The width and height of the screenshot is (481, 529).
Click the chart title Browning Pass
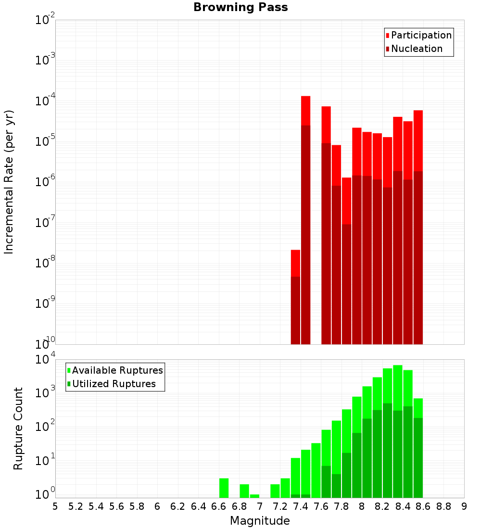[x=240, y=8]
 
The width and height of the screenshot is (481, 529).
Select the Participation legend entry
[x=421, y=36]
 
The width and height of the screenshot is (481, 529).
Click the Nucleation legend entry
[x=416, y=49]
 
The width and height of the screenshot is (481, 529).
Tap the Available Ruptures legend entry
[x=117, y=371]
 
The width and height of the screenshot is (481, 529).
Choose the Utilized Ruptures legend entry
[x=114, y=384]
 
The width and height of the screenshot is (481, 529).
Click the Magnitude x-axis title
[x=260, y=521]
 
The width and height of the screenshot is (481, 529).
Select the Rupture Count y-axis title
[x=18, y=428]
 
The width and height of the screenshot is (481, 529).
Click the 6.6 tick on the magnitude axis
[x=219, y=506]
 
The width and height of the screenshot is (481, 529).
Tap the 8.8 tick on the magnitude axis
[x=444, y=506]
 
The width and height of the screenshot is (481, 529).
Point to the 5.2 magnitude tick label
[x=76, y=506]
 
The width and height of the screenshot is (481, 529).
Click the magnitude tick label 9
[x=464, y=506]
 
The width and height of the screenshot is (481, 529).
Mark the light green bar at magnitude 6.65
[x=224, y=488]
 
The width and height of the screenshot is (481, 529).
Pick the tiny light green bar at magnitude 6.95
[x=254, y=496]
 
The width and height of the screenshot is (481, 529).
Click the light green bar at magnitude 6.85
[x=244, y=491]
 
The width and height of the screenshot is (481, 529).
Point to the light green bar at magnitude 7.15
[x=275, y=491]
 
